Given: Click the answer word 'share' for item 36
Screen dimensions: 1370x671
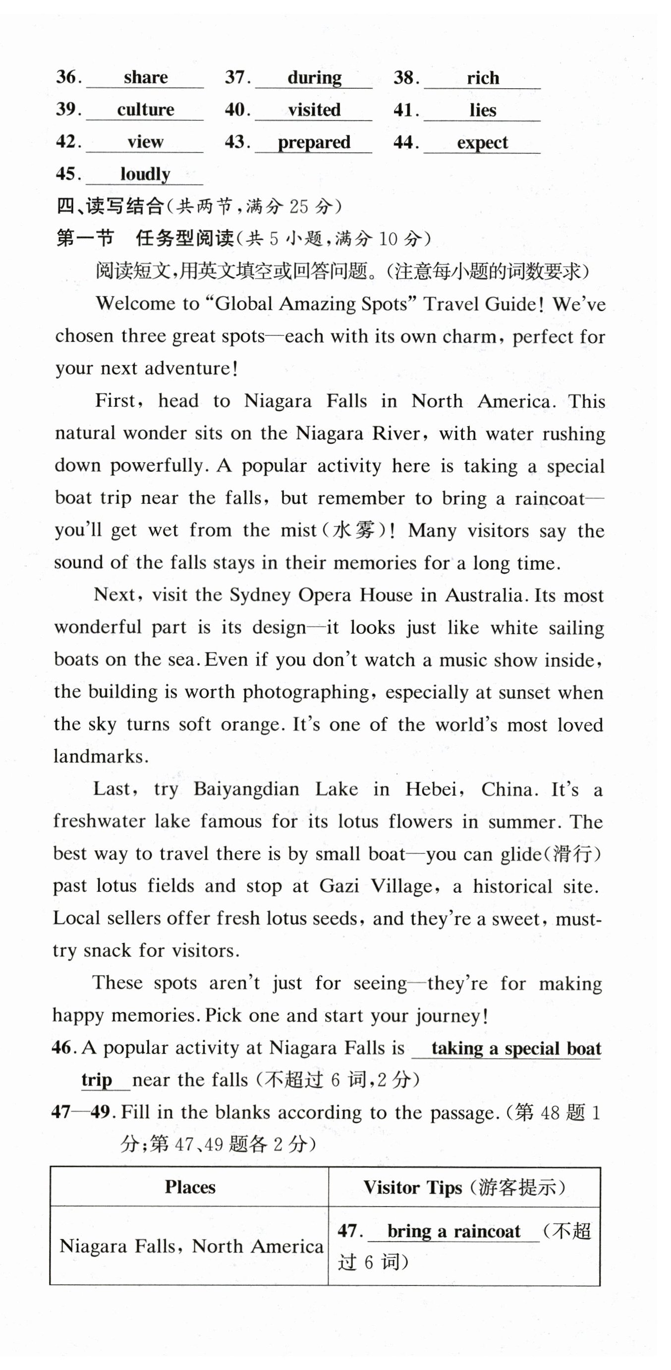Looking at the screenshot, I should (145, 78).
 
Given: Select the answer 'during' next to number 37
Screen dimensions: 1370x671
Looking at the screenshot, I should (315, 78).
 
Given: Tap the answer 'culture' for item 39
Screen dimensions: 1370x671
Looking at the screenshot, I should (145, 110).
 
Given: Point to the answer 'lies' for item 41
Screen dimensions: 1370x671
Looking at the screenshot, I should (483, 110).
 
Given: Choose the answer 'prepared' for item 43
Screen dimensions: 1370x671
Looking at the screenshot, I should (314, 143).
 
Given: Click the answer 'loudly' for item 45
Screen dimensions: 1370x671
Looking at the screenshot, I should (145, 174).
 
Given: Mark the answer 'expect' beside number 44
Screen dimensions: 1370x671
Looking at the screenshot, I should (483, 143).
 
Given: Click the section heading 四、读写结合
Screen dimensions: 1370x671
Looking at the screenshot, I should (110, 206).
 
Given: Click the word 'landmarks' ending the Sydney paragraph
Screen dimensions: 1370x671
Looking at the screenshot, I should (100, 757).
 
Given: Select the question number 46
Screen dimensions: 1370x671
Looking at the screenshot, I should (62, 1048).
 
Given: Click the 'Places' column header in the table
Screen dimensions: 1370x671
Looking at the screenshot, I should (190, 1188).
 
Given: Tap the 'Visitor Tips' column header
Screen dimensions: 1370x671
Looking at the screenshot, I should (412, 1188).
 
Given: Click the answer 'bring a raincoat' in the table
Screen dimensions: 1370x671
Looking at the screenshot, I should (454, 1232).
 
